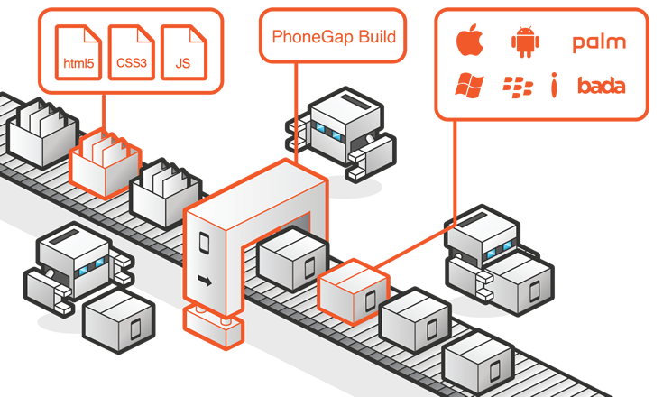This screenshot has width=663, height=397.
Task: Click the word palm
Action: (598, 42)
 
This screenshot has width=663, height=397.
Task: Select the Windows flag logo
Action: (468, 86)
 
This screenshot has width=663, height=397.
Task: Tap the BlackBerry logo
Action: (518, 87)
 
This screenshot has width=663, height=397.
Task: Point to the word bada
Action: (601, 87)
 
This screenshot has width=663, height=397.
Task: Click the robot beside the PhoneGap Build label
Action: (343, 131)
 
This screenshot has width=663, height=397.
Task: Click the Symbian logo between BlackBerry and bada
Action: (556, 87)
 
